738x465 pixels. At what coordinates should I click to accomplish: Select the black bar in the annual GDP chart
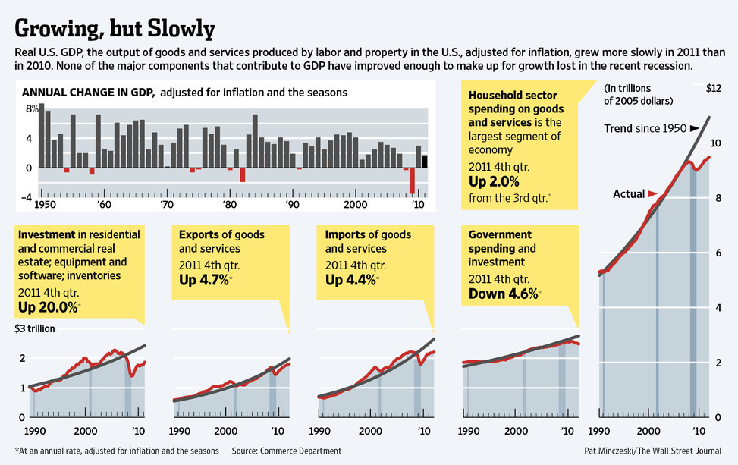coord(425,161)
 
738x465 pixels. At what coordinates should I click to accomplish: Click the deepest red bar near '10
coord(412,181)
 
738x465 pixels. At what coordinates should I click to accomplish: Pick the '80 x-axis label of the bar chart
coord(228,205)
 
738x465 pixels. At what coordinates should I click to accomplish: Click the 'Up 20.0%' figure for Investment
coord(47,307)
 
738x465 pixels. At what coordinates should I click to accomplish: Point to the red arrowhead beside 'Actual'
coord(652,194)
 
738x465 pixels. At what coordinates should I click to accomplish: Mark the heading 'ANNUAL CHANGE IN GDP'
coord(88,93)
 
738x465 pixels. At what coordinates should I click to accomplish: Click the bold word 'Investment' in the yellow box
coord(44,234)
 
